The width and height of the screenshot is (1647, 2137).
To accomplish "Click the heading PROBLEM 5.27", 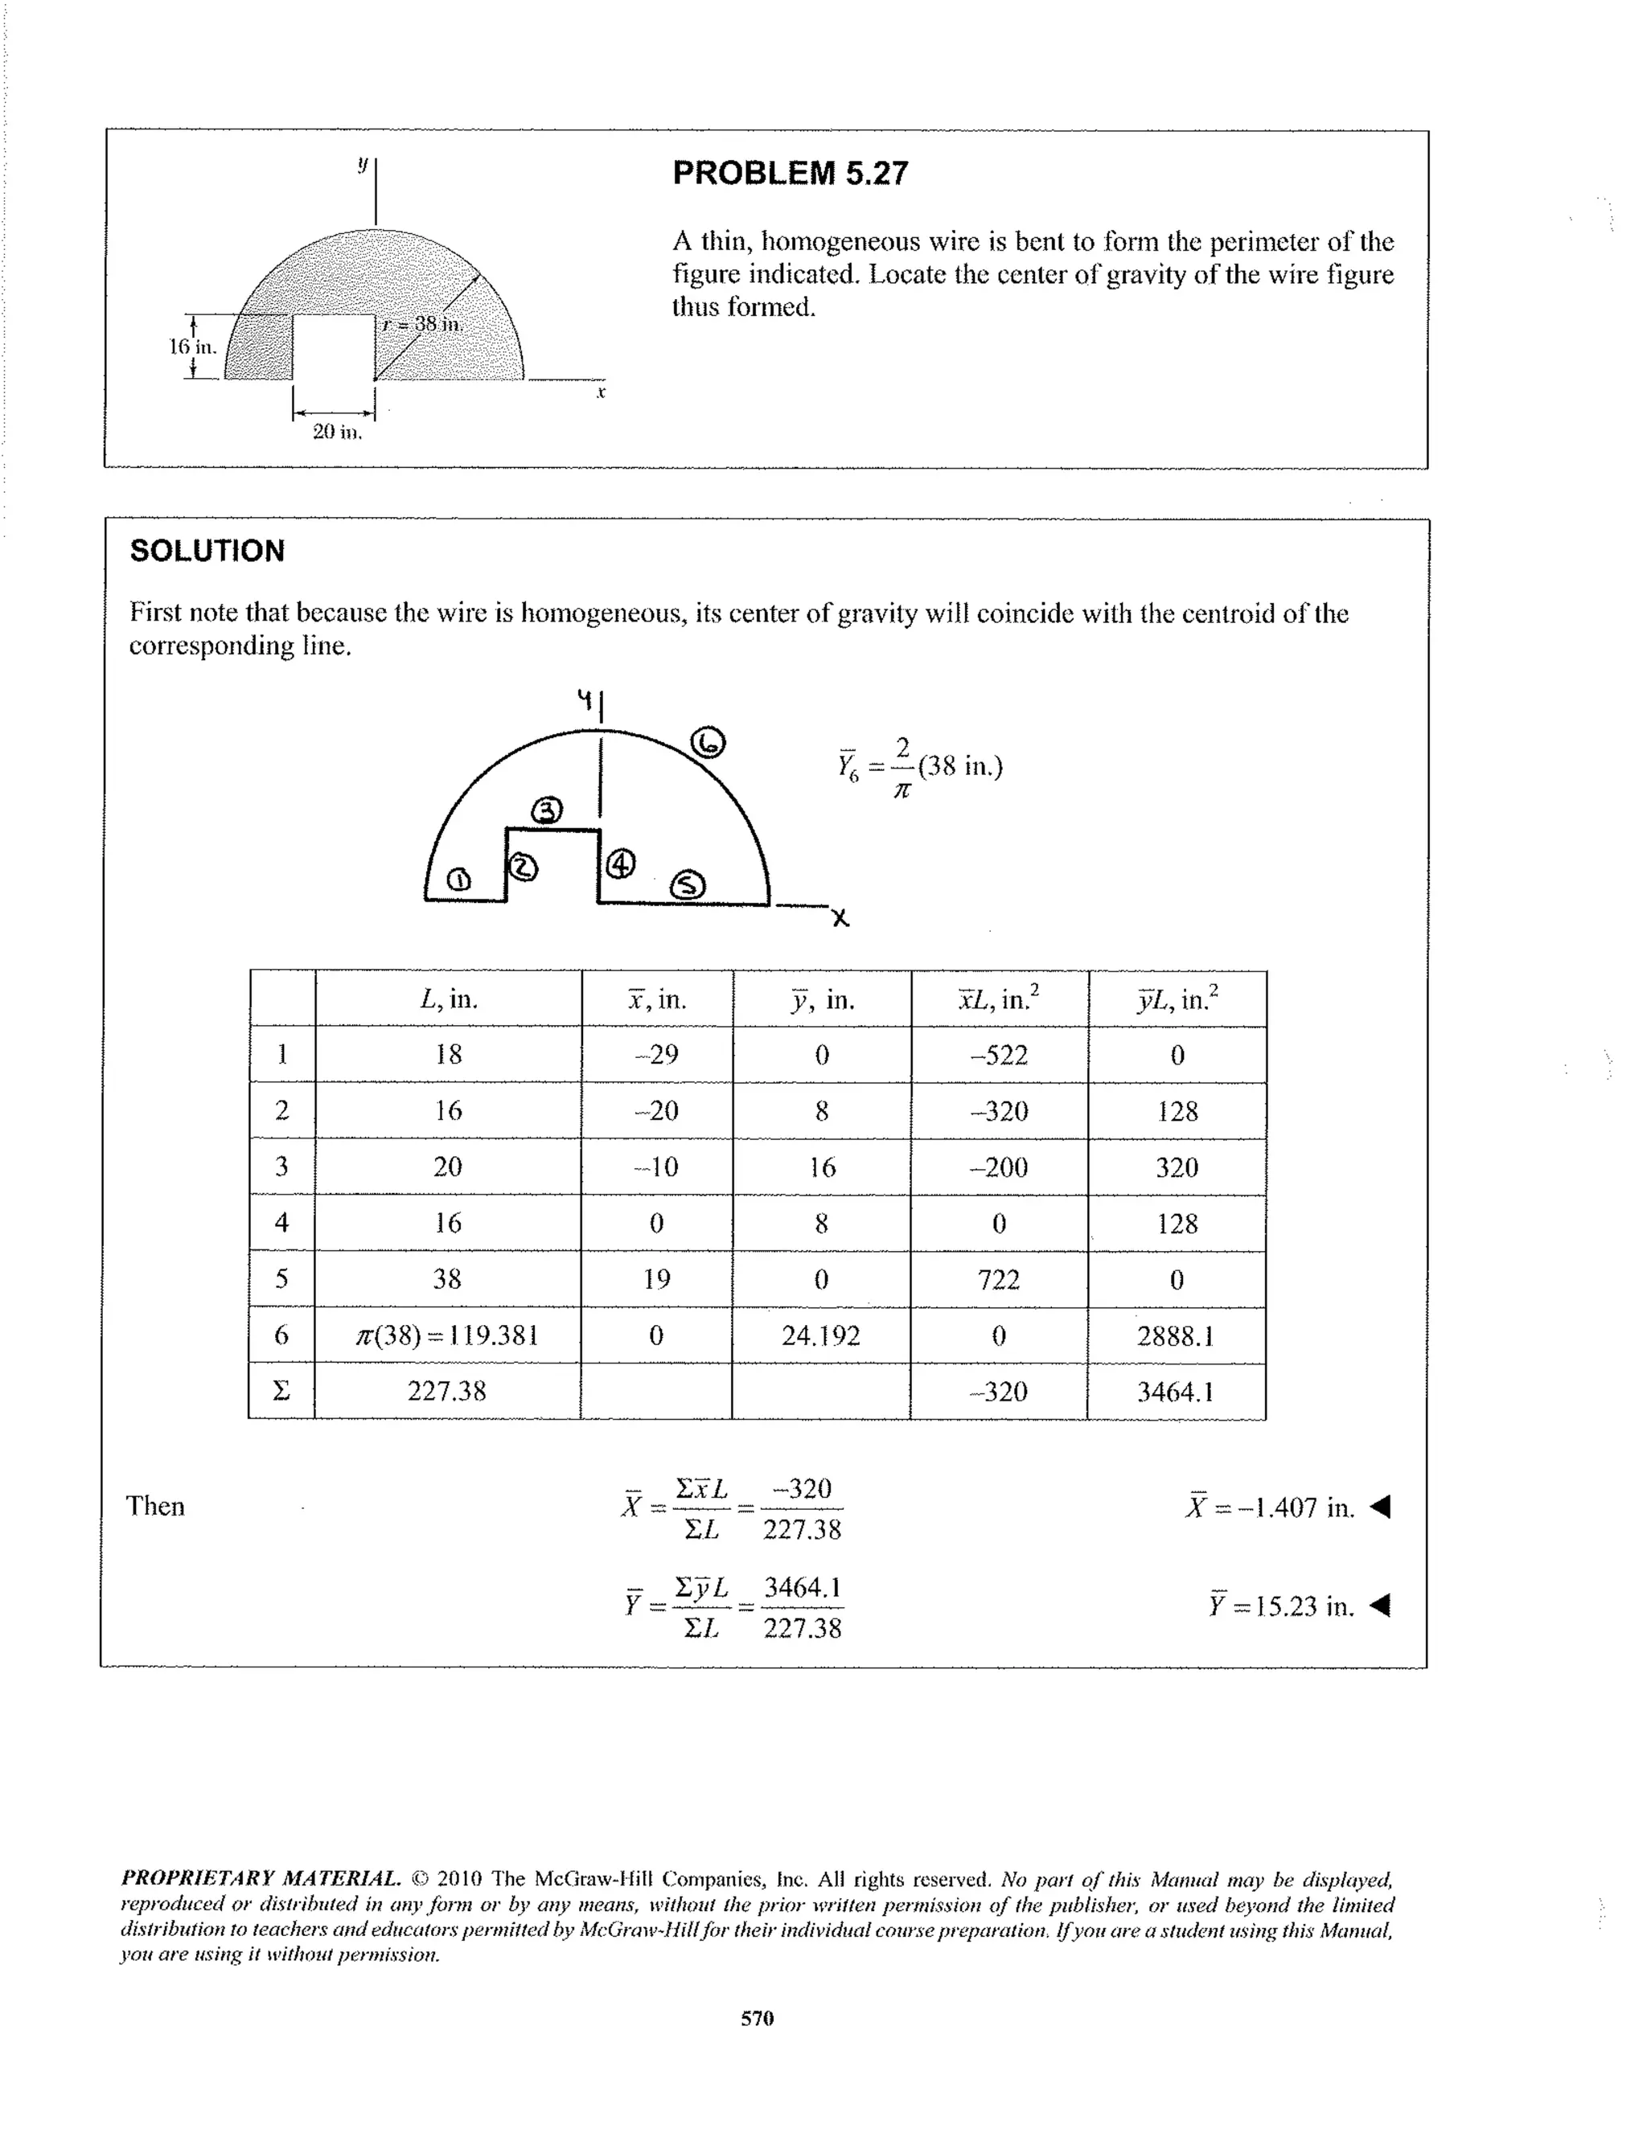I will pos(790,173).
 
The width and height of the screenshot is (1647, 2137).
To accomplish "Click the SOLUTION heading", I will pos(207,551).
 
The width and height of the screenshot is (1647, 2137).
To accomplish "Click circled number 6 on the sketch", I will pos(708,743).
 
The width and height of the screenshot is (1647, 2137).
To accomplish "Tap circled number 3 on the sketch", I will pos(547,811).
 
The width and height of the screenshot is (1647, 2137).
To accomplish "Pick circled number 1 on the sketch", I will pos(457,880).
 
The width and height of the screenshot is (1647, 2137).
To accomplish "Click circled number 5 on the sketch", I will pos(687,885).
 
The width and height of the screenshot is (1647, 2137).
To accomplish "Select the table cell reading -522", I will pos(999,1055).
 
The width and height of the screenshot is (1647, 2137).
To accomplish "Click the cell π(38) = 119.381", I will pos(447,1335).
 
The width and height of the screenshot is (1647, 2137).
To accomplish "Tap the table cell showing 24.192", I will pos(820,1335).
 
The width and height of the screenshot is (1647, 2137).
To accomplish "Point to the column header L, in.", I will pos(447,999).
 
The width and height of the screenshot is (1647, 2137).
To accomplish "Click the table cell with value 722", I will pos(998,1280).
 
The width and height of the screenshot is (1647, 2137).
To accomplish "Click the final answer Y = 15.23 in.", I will pos(1281,1606).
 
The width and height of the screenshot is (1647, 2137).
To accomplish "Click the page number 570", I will pos(758,2018).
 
